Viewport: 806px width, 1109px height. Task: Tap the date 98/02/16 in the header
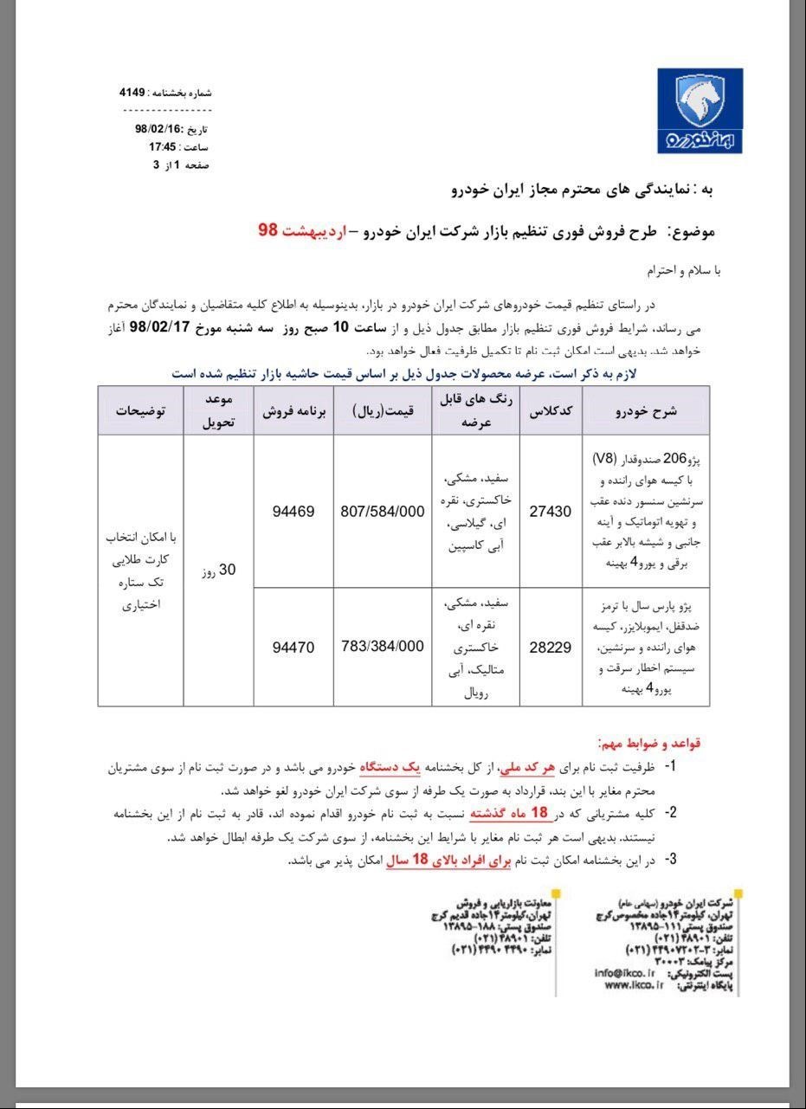[158, 128]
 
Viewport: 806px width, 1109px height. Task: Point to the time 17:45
[164, 146]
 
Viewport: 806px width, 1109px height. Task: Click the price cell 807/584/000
[382, 512]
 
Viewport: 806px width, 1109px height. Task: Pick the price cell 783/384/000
[382, 647]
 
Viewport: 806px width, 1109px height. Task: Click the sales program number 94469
[293, 512]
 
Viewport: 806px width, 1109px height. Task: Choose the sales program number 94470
[293, 647]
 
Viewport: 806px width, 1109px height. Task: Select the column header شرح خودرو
[646, 410]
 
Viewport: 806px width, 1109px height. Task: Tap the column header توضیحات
[140, 410]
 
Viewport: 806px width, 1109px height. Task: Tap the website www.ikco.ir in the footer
[629, 984]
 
